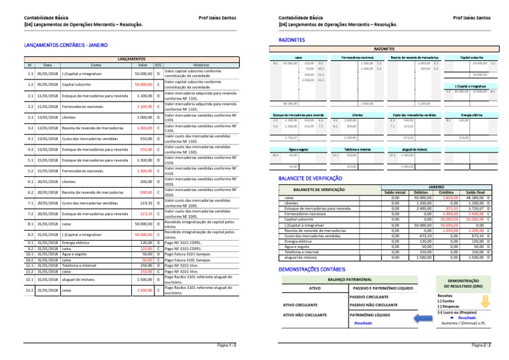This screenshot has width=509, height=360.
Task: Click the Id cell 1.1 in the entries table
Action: [30, 74]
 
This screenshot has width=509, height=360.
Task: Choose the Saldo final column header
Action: [475, 193]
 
